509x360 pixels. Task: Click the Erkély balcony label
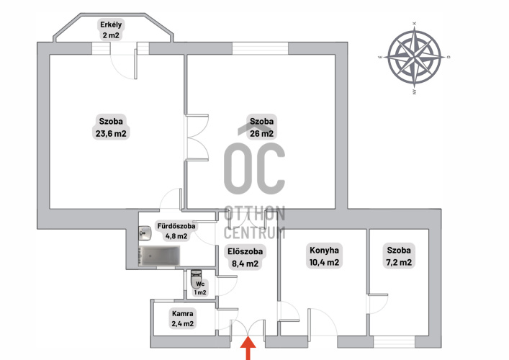pos(111,24)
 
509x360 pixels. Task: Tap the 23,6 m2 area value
pos(111,133)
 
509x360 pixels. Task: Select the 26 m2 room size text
pos(261,133)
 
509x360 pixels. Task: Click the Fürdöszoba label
pos(176,226)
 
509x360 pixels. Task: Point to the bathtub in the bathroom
pos(159,256)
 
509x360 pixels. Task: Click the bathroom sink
pos(145,233)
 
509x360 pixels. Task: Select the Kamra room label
pos(182,314)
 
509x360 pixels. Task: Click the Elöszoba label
pos(245,251)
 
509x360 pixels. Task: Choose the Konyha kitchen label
pos(324,251)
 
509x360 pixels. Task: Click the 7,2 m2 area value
pos(399,262)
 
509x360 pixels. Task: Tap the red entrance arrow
pos(248,348)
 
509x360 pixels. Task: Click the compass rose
pos(415,58)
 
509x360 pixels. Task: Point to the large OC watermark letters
pos(255,168)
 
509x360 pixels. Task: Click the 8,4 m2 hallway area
pos(245,264)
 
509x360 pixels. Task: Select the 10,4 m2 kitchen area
pos(324,262)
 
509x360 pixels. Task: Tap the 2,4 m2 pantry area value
pos(182,324)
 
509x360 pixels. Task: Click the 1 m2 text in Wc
pos(200,292)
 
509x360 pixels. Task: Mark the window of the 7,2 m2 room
pos(394,342)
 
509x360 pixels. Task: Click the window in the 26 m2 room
pos(261,48)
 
